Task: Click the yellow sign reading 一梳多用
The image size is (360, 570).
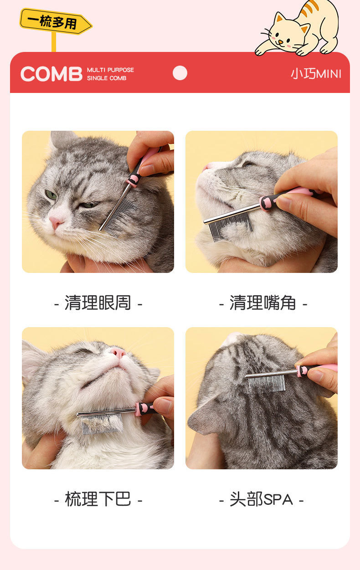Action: pos(56,21)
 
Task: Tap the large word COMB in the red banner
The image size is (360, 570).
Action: pos(51,74)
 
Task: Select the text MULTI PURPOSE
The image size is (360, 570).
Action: pos(110,70)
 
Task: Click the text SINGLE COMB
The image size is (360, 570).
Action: pos(107,78)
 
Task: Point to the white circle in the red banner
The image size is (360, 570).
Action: pos(180,73)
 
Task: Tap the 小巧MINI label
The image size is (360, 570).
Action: pos(316,74)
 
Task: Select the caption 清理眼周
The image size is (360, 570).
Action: pos(98,303)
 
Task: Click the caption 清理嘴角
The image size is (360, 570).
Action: pos(263,303)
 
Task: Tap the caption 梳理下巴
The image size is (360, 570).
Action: pos(98,499)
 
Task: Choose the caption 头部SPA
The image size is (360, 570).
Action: pos(261,499)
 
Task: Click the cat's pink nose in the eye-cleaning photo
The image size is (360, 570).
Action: pos(56,222)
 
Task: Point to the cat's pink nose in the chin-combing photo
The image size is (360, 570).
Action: pos(118,353)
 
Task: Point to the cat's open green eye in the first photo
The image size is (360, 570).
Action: pos(51,195)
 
